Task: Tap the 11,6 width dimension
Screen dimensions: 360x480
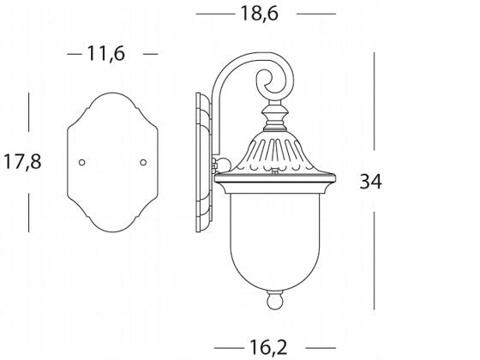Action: pos(107,53)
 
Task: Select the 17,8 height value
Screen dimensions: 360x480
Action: pos(21,161)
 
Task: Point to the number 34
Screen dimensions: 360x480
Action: pos(370,182)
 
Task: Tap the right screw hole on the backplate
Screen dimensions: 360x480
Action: pos(144,162)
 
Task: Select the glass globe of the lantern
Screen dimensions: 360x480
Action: pos(274,240)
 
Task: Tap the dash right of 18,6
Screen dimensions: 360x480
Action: pos(316,15)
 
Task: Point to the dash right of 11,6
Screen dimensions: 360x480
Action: pos(150,53)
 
